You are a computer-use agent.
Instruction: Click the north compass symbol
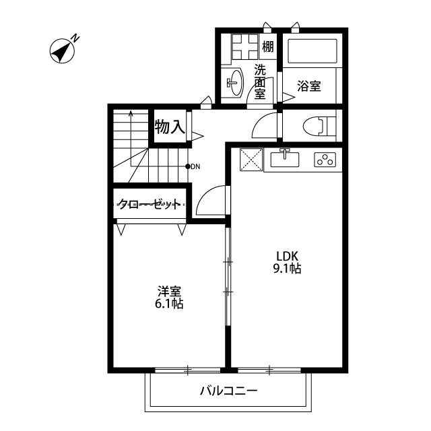[x=63, y=51]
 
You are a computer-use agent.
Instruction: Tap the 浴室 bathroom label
[x=310, y=86]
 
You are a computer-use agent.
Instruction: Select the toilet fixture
[x=316, y=126]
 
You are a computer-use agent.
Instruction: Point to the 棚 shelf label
[x=267, y=47]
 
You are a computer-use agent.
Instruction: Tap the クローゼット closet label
[x=150, y=204]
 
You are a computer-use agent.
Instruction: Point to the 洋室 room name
[x=169, y=291]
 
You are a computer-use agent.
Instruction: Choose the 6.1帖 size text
[x=169, y=304]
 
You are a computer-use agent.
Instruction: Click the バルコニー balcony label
[x=228, y=391]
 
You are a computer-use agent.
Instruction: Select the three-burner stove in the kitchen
[x=325, y=160]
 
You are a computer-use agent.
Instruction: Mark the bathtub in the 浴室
[x=311, y=51]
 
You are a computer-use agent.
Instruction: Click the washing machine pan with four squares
[x=239, y=47]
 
